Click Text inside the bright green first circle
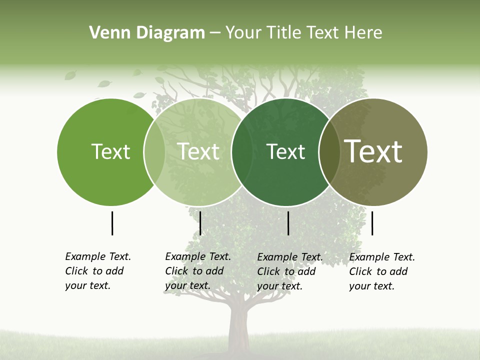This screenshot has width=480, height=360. tap(110, 151)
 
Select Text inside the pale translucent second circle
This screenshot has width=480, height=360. tap(198, 151)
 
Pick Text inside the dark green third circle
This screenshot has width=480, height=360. tap(285, 151)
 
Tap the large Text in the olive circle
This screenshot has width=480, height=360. tap(373, 151)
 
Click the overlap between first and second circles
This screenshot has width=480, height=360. tap(154, 151)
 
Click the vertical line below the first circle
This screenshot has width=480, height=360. tap(112, 223)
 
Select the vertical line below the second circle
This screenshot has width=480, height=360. tap(200, 223)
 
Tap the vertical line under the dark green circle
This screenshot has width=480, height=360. tap(288, 223)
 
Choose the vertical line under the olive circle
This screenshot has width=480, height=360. tap(372, 223)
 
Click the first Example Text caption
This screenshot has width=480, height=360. tap(97, 271)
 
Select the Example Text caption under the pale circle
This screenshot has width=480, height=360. tap(197, 271)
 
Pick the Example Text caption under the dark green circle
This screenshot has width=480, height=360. tap(289, 271)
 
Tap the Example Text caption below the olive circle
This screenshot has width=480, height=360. tap(381, 271)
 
